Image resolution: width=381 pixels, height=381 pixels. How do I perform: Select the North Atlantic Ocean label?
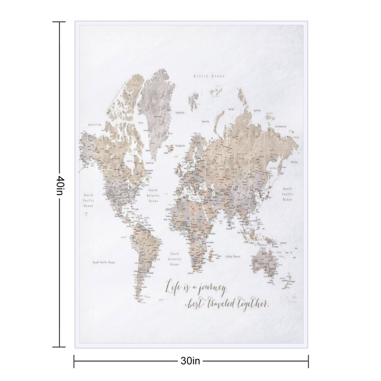click(153, 195)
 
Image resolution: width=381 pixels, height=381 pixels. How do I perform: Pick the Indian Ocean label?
click(233, 256)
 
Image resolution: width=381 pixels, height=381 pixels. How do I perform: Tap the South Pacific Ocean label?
click(104, 262)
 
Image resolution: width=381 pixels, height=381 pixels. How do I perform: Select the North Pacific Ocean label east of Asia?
click(287, 194)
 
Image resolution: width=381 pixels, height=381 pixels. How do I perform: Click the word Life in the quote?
click(172, 286)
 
